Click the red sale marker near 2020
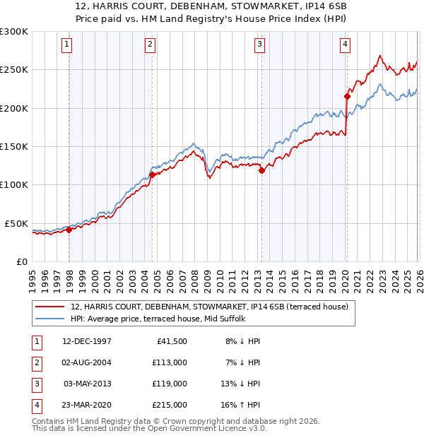[347, 96]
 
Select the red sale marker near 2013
[261, 170]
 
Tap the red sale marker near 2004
[152, 174]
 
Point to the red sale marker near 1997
[69, 230]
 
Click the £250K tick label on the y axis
[13, 70]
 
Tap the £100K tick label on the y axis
[13, 184]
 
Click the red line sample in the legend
[51, 307]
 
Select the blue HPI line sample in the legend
[51, 319]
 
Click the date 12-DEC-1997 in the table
[87, 341]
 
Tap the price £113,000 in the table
[170, 362]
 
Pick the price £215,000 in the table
[170, 405]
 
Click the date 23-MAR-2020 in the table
[87, 405]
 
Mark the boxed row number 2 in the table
[36, 362]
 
